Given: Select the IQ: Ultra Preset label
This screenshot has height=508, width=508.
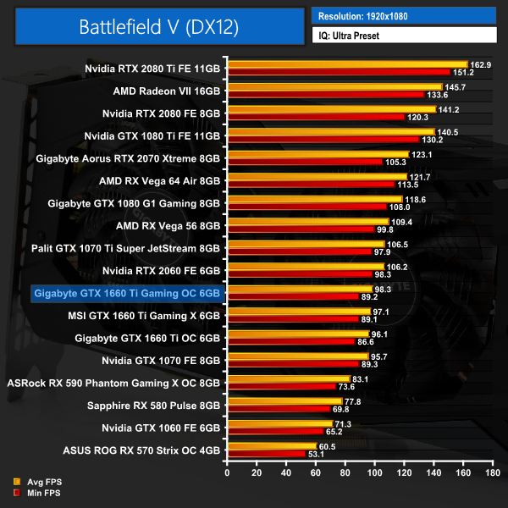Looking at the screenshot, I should (x=350, y=36).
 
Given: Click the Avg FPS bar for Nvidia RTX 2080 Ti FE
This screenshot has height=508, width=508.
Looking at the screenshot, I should (x=347, y=64).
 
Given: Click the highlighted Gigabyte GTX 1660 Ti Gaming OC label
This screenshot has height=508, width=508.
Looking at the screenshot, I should (x=127, y=293).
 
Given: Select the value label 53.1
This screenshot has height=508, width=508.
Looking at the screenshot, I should (x=318, y=454).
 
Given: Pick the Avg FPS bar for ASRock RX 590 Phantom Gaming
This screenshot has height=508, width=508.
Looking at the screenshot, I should (x=288, y=378).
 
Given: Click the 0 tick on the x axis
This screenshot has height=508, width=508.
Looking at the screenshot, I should (x=227, y=473).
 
